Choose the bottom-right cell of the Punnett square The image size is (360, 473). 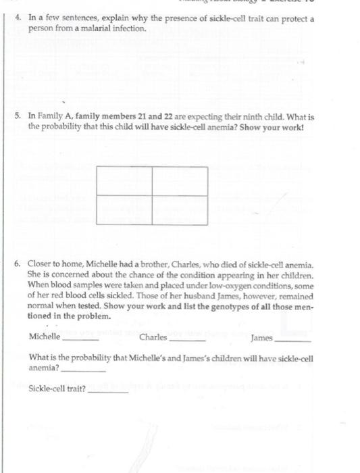(179, 209)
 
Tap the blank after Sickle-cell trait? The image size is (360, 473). (108, 391)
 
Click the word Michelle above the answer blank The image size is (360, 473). (45, 337)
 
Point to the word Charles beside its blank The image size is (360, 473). (153, 337)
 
